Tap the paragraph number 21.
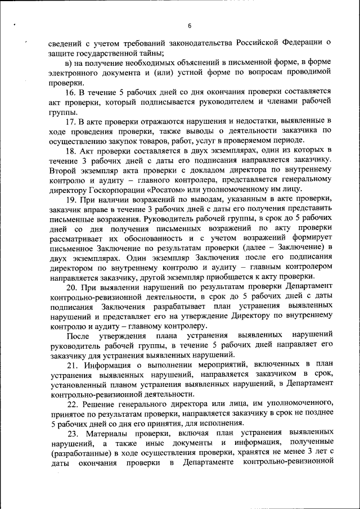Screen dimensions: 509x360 [71, 364]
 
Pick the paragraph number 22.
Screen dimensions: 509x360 [71, 404]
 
